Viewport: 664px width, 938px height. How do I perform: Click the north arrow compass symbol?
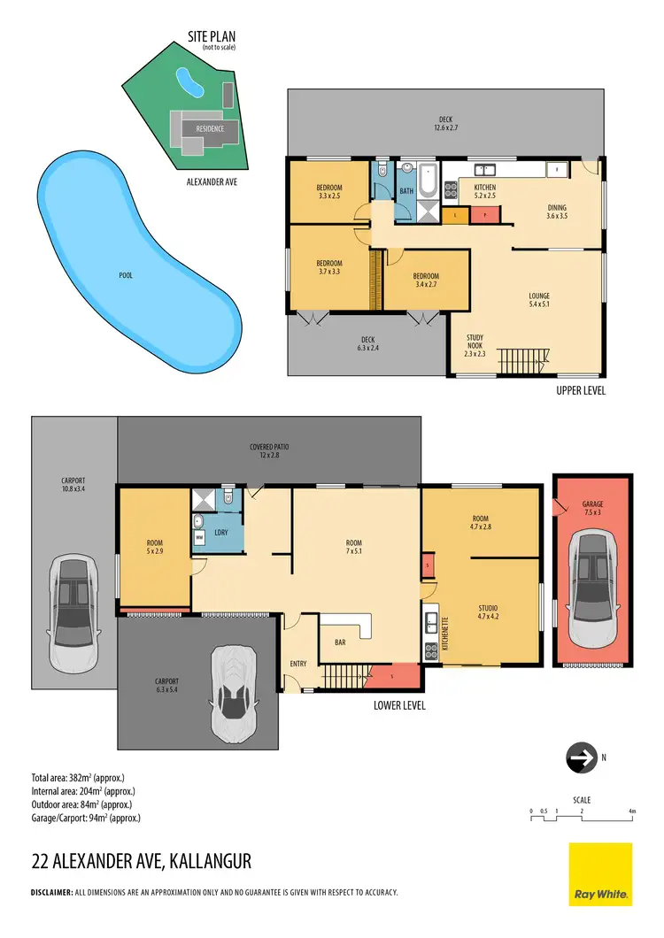point(581,758)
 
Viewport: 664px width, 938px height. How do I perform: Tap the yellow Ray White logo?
point(600,873)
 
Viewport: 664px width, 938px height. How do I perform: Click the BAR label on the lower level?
point(339,643)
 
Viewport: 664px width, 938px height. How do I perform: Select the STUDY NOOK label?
point(477,345)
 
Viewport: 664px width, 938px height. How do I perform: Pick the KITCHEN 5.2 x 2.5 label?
point(484,192)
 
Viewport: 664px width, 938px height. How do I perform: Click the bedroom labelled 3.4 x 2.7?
point(426,280)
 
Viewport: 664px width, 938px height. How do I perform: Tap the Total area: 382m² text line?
point(81,778)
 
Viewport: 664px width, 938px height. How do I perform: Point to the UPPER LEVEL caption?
point(580,390)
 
